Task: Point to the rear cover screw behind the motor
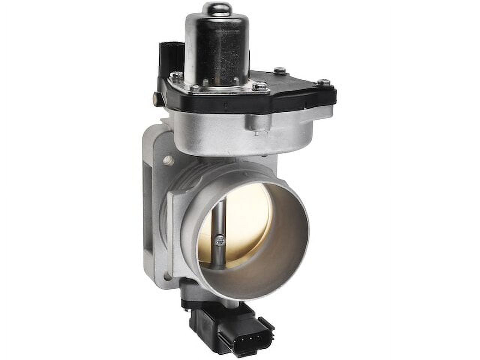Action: tap(278, 70)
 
